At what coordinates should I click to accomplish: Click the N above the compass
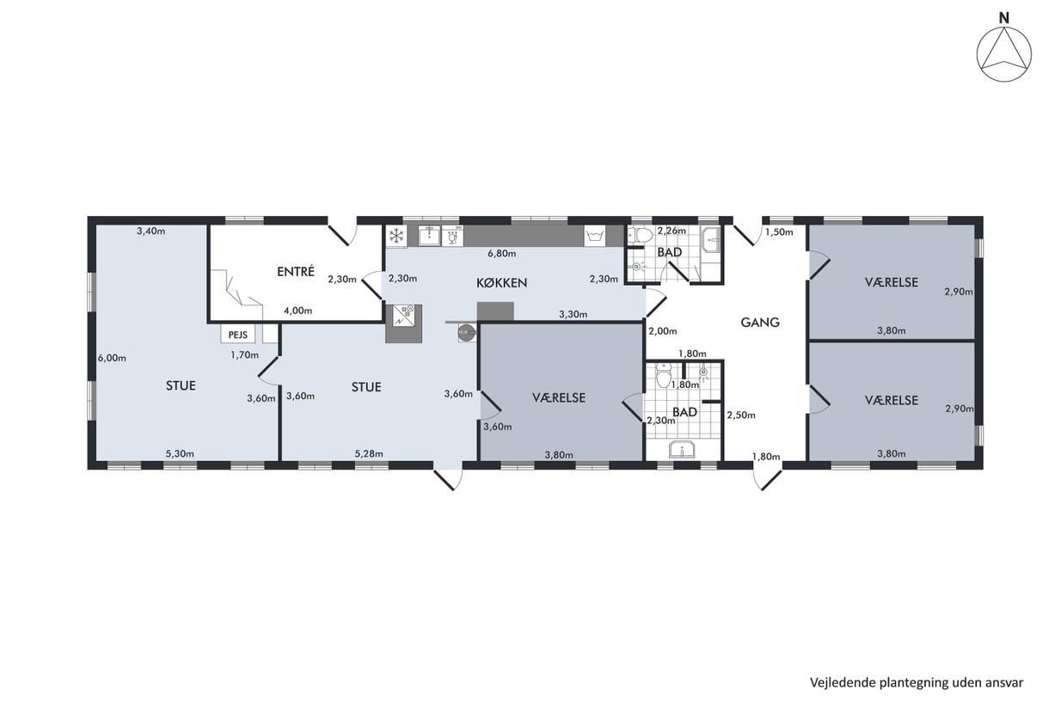click(1003, 18)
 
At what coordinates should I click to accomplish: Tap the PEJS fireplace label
click(238, 335)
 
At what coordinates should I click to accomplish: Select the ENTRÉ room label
click(296, 271)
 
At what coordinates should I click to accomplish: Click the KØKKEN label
click(501, 282)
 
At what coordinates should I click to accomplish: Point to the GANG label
click(760, 323)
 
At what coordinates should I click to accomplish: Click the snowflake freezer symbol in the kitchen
click(396, 236)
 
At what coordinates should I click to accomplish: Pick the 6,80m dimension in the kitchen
click(501, 254)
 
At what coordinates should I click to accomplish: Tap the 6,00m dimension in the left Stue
click(112, 358)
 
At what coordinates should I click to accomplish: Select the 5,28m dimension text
click(369, 453)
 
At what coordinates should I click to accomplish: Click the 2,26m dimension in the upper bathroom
click(672, 231)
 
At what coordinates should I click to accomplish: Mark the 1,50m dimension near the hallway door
click(779, 232)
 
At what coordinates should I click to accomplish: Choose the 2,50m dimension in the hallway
click(741, 416)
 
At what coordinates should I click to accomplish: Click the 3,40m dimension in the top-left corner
click(151, 231)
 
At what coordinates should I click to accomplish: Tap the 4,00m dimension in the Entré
click(298, 311)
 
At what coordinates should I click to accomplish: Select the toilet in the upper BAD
click(640, 236)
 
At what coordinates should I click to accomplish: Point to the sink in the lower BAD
click(682, 449)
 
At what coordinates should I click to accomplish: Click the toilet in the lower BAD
click(663, 376)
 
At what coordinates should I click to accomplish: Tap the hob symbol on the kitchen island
click(403, 315)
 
